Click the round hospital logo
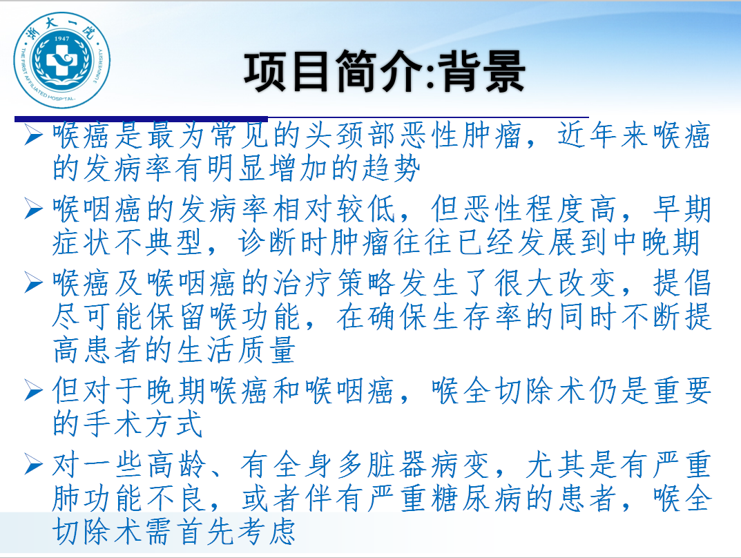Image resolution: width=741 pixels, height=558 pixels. pyautogui.click(x=61, y=60)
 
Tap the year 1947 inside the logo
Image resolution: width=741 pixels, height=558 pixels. pyautogui.click(x=61, y=39)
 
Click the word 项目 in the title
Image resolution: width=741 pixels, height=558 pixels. pyautogui.click(x=287, y=71)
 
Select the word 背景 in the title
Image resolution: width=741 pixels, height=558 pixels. pyautogui.click(x=482, y=71)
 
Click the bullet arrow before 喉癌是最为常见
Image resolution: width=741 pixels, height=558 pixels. pyautogui.click(x=34, y=135)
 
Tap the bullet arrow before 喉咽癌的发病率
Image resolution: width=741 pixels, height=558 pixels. pyautogui.click(x=34, y=209)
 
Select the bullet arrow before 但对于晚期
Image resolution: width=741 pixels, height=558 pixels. pyautogui.click(x=34, y=391)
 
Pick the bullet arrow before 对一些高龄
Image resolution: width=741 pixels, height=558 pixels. pyautogui.click(x=34, y=465)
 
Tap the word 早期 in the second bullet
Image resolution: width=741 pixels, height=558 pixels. pyautogui.click(x=682, y=209)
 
